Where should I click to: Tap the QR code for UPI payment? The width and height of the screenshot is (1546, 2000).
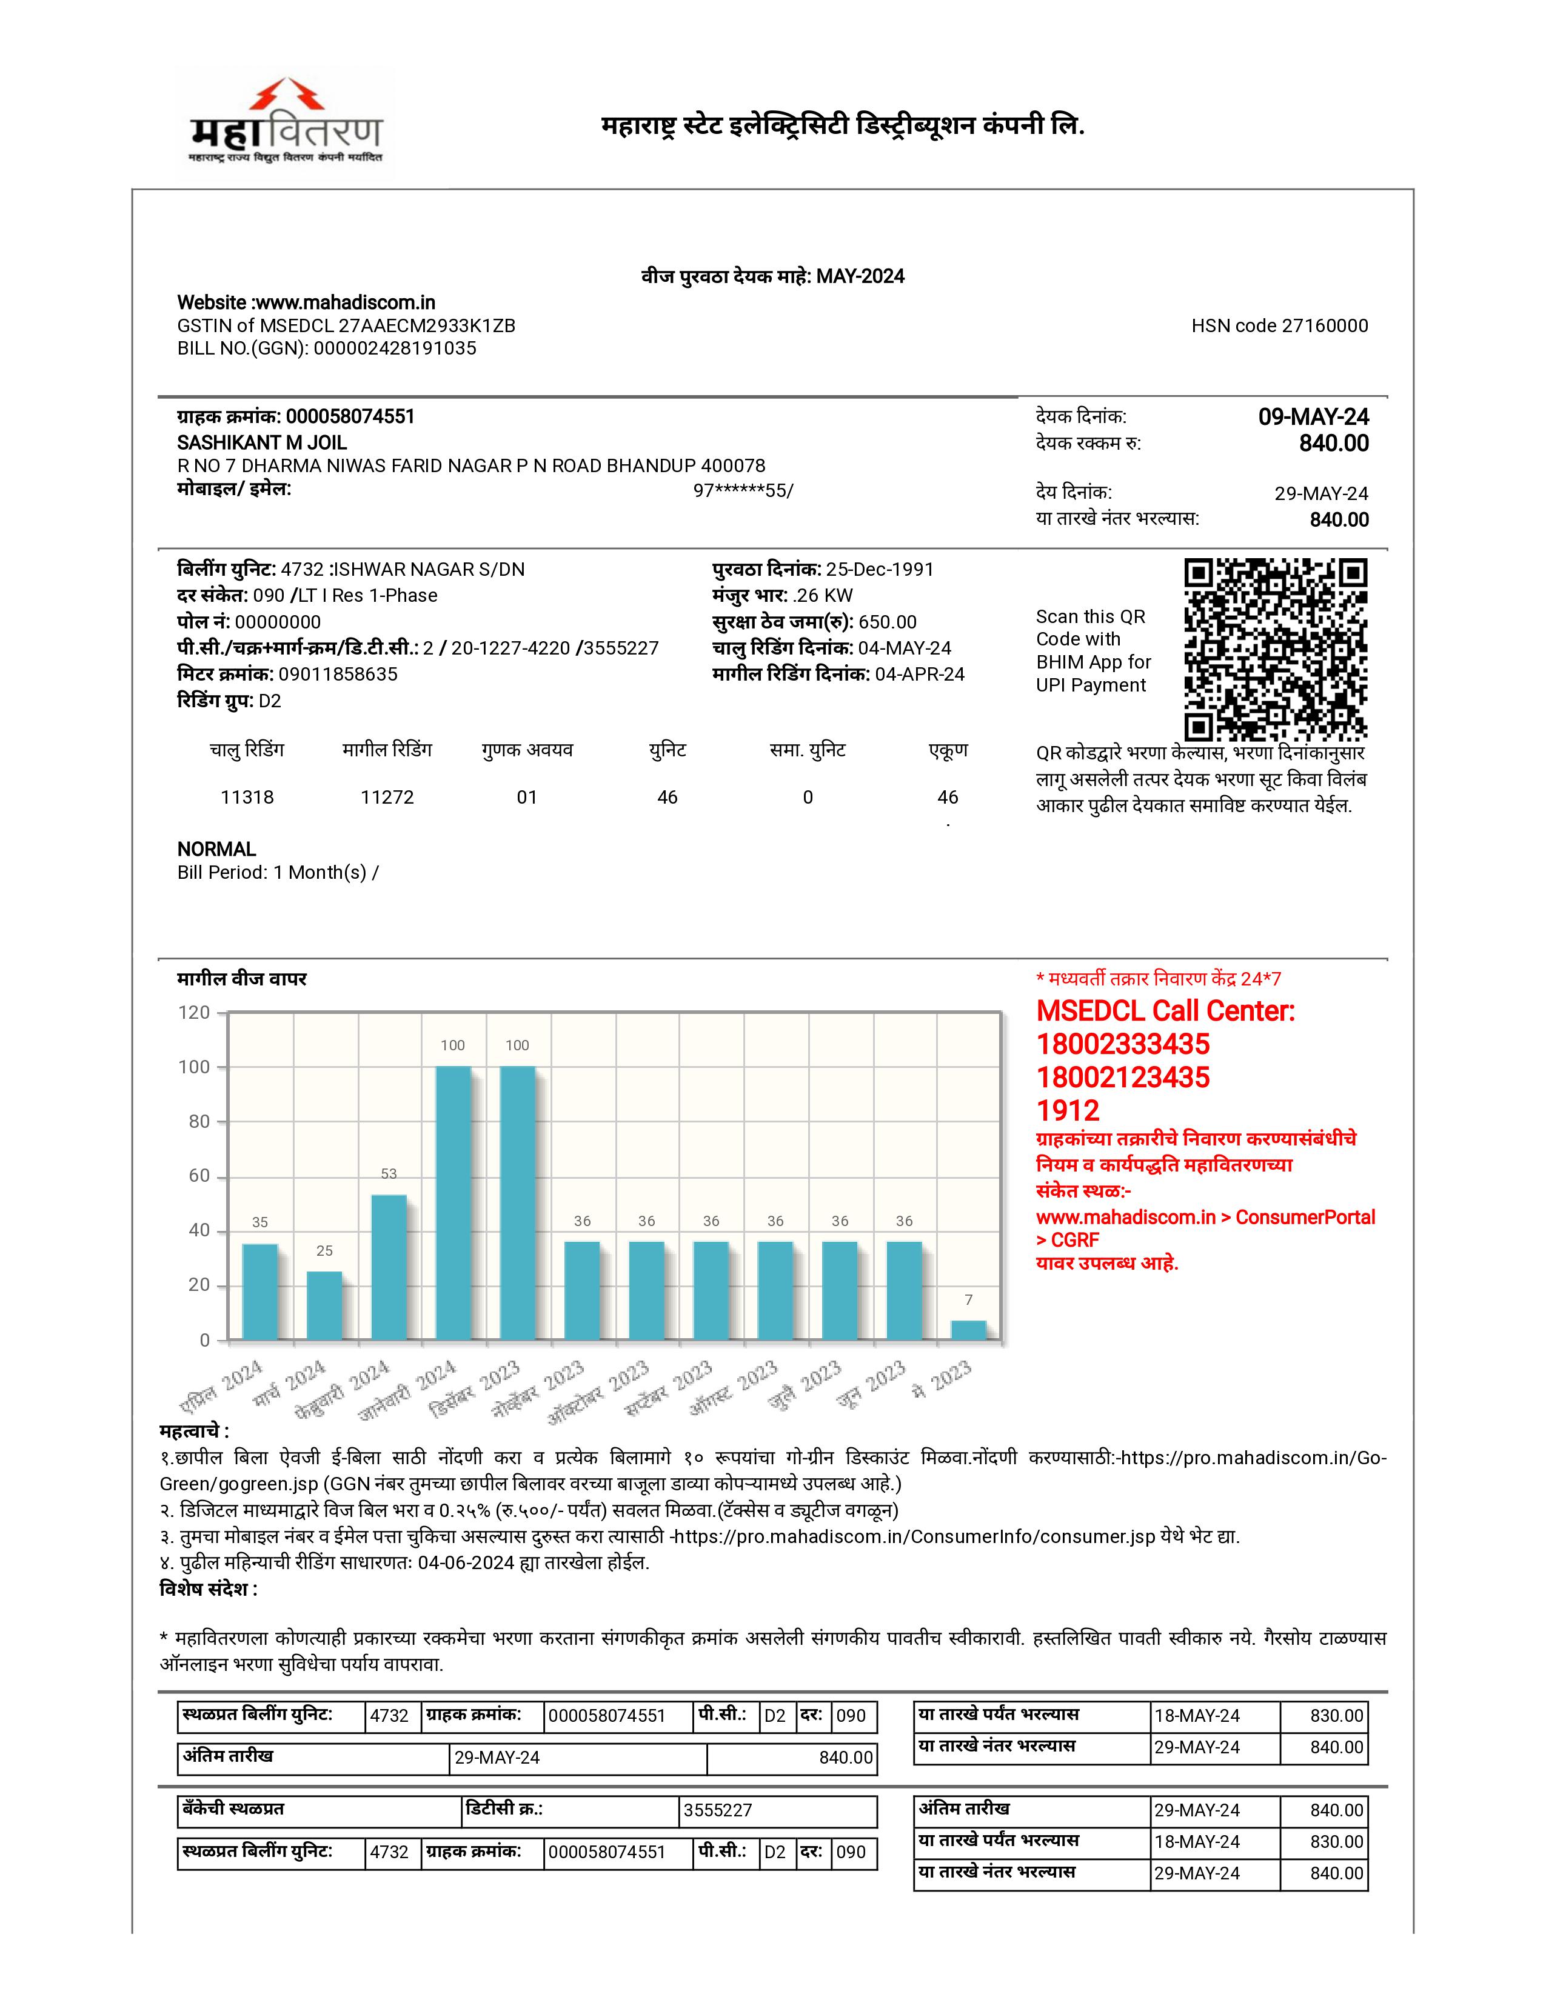tap(1275, 648)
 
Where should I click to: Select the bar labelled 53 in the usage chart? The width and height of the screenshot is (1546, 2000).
tap(389, 1267)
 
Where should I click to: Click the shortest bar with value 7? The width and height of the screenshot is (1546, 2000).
tap(969, 1330)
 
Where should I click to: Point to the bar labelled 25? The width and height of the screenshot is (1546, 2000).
tap(324, 1305)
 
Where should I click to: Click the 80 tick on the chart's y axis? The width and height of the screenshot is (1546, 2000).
tap(199, 1122)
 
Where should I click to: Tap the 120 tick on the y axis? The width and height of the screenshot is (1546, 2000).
tap(194, 1013)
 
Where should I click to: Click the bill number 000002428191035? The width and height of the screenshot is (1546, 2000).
tap(395, 348)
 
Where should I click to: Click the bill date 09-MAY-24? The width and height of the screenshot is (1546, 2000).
tap(1313, 418)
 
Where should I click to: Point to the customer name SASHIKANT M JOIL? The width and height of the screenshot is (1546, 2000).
tap(262, 442)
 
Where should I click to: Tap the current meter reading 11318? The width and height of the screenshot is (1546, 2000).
tap(247, 798)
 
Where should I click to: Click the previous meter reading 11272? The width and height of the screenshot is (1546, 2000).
tap(387, 798)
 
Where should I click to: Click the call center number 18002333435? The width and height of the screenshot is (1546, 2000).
tap(1123, 1044)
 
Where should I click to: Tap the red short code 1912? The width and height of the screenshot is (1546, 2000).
tap(1068, 1111)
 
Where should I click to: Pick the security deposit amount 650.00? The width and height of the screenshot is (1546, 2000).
tap(888, 622)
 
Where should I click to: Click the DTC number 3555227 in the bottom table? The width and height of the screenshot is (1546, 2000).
tap(718, 1810)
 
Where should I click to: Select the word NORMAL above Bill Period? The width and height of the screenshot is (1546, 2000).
tap(217, 849)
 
